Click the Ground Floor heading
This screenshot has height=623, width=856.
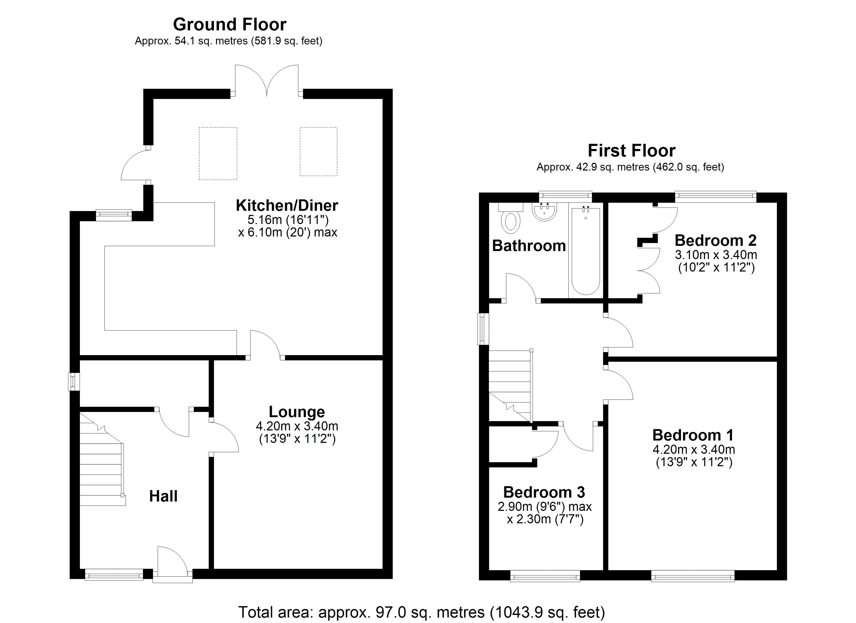tap(230, 25)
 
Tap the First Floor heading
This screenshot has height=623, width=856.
tap(631, 151)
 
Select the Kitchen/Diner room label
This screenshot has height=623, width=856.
tap(287, 206)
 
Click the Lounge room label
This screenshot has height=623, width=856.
tap(297, 411)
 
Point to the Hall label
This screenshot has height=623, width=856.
tap(163, 496)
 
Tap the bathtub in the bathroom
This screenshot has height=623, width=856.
tap(585, 251)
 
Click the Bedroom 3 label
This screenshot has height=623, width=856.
tap(544, 492)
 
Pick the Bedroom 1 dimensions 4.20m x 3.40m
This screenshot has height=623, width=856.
tap(694, 450)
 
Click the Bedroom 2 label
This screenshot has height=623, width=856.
tap(716, 240)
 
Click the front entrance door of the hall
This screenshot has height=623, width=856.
tap(172, 563)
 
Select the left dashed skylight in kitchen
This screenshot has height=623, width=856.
tap(218, 153)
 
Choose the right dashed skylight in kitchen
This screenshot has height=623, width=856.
tap(318, 152)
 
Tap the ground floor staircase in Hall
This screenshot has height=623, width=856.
tap(101, 465)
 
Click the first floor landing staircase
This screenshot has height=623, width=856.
tap(509, 385)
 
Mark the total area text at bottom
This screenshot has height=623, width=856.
tap(421, 612)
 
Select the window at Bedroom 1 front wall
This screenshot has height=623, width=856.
tap(693, 577)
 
